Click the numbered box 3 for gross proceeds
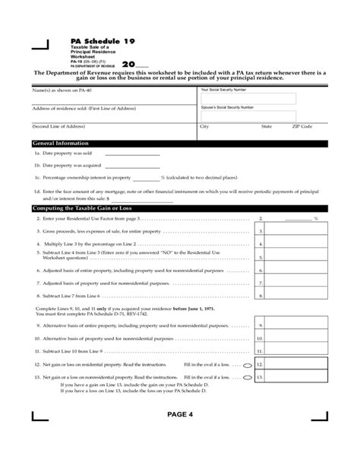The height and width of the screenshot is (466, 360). pos(261,231)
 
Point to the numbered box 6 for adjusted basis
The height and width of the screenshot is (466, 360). pos(261,269)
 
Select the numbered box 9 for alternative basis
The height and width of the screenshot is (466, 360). pos(261,325)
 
